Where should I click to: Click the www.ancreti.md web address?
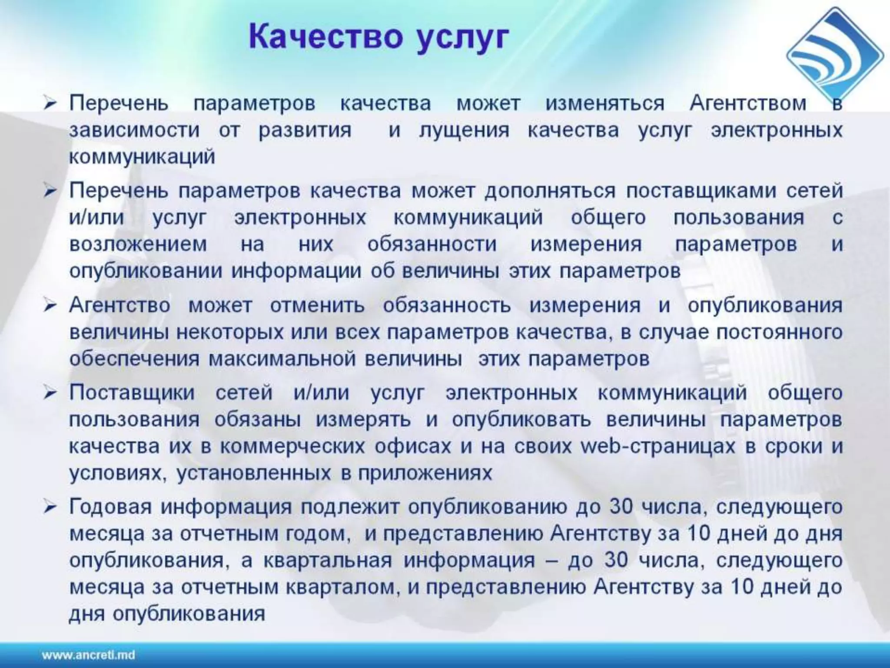pos(88,655)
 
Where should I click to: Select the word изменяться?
pos(605,104)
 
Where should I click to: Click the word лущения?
pos(464,130)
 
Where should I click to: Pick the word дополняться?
pos(550,191)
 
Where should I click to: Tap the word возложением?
pos(138,244)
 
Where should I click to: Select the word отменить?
pos(317,306)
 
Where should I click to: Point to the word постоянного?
pos(779,333)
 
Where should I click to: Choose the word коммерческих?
pos(292,447)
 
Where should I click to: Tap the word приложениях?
pos(425,473)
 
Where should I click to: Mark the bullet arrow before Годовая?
pos(51,508)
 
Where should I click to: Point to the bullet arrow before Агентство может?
pos(51,306)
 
